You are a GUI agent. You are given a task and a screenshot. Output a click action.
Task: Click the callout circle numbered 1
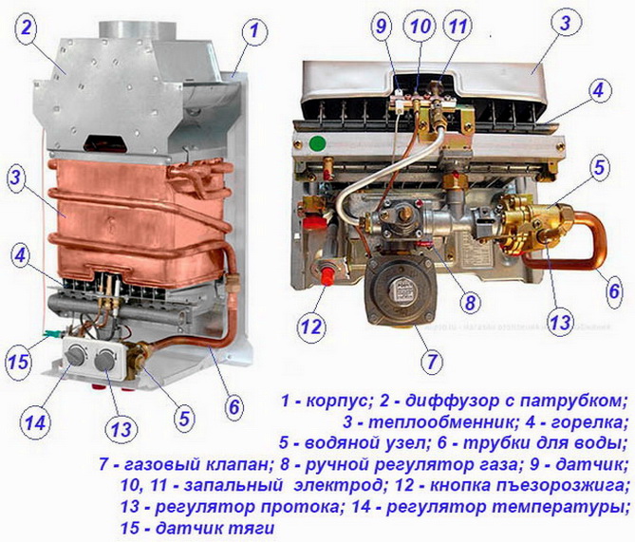point(254,30)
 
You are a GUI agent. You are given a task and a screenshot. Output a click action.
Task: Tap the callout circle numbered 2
point(26,28)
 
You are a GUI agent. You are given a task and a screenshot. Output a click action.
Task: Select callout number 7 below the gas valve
point(431,360)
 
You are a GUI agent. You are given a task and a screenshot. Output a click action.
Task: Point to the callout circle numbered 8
point(470,302)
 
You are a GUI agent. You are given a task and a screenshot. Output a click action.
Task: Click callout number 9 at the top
point(381,27)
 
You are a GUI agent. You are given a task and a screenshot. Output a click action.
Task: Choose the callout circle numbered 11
point(458,27)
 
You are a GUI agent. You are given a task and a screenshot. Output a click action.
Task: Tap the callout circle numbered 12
point(311,327)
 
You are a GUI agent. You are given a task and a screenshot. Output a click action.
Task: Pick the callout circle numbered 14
point(35,423)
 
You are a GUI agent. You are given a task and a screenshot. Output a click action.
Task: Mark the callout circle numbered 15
point(18,361)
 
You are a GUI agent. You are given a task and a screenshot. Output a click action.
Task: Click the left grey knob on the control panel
point(76,356)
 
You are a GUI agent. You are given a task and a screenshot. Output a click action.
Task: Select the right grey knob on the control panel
point(104,360)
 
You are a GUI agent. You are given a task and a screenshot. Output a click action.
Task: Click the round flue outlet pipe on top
point(138,30)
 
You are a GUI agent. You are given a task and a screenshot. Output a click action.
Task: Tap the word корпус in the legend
point(339,401)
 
